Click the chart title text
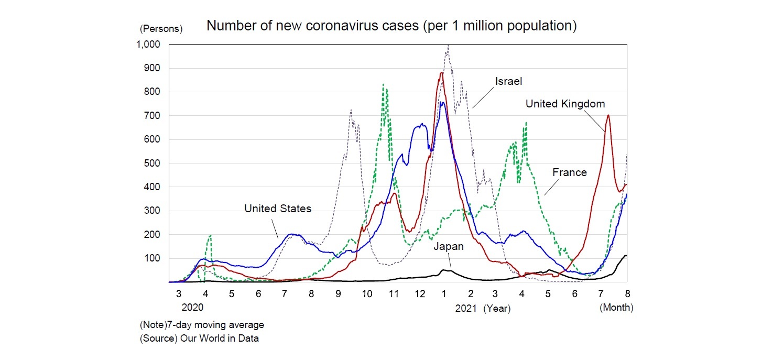[391, 26]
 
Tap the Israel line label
[509, 81]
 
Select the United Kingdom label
[565, 104]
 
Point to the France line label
[570, 172]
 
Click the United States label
[278, 209]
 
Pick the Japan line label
[449, 246]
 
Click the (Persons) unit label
[161, 29]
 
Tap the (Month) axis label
[616, 308]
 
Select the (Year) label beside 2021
[497, 309]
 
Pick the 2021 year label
[466, 309]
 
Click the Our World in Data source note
[199, 338]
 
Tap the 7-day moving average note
[202, 325]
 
